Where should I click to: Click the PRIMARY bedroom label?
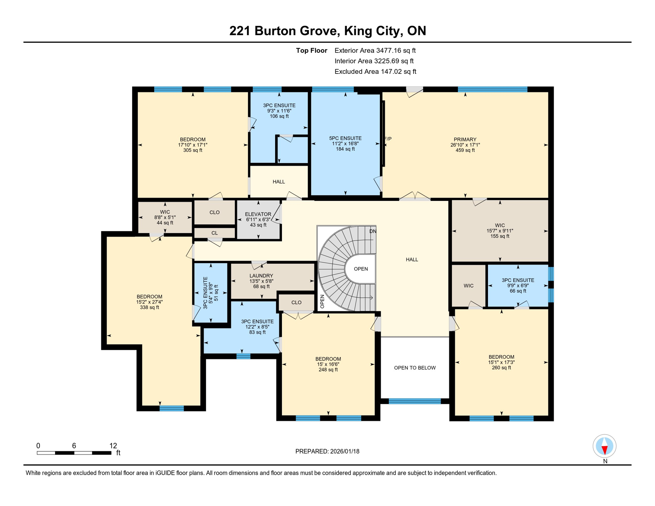[465, 139]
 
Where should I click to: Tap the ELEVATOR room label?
[258, 214]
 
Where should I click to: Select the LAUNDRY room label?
[261, 276]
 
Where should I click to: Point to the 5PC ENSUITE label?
[345, 138]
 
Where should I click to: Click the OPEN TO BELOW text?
[415, 368]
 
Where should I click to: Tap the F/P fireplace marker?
[388, 139]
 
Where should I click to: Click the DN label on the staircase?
[373, 231]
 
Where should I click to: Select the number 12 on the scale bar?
[113, 446]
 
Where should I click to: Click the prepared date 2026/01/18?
[345, 451]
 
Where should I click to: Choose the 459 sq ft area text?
[465, 150]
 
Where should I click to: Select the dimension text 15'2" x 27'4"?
[149, 302]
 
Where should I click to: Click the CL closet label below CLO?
[214, 233]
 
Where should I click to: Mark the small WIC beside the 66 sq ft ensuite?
[469, 286]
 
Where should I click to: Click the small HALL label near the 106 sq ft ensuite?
[279, 182]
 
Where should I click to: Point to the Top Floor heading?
[311, 50]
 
